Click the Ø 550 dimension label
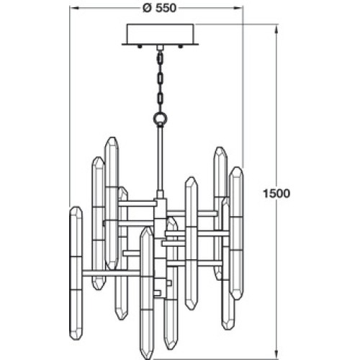[159, 8]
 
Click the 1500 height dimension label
[276, 194]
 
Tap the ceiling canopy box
[161, 33]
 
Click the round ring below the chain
[160, 118]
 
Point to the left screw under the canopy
[140, 47]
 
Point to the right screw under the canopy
[180, 47]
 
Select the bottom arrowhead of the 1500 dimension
[276, 354]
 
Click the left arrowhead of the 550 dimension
[74, 8]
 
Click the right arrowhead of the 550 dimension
[238, 8]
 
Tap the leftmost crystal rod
[76, 273]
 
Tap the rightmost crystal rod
[236, 233]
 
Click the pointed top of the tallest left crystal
[112, 138]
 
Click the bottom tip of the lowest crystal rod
[146, 359]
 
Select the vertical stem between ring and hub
[160, 158]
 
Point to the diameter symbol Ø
[148, 8]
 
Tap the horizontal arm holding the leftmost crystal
[111, 273]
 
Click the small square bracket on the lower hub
[168, 283]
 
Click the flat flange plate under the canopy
[161, 44]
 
